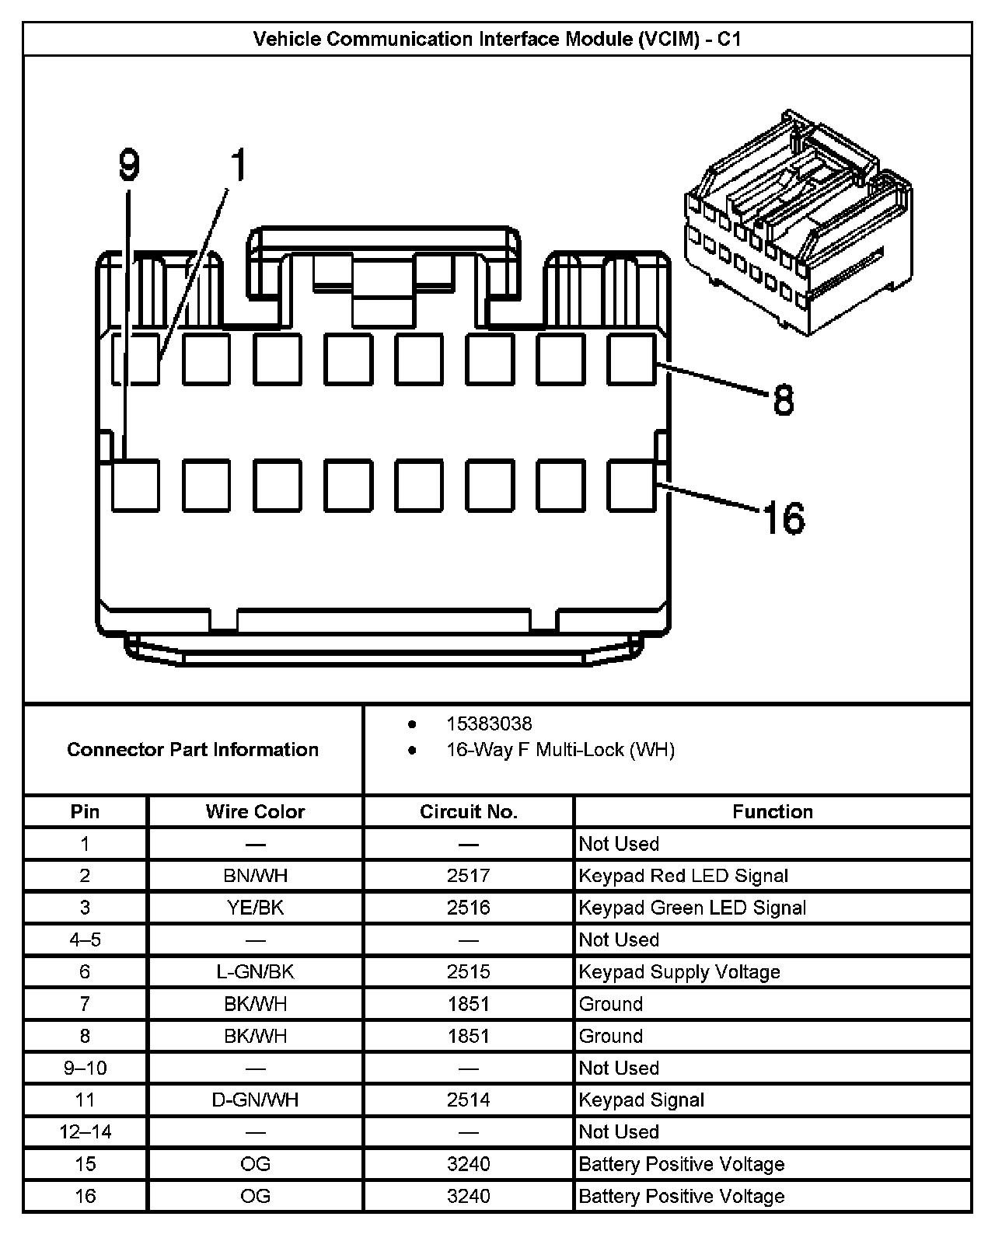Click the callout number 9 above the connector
[129, 166]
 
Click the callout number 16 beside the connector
[784, 518]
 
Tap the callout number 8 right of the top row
[783, 401]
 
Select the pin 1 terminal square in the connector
[135, 359]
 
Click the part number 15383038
[489, 724]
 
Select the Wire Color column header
[255, 812]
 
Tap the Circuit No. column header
[469, 812]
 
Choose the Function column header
[773, 812]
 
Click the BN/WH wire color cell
[255, 876]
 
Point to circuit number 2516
[469, 908]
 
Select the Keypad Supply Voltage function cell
[679, 972]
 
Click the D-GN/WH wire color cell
[255, 1100]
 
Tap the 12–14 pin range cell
[86, 1131]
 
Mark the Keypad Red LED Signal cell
[683, 876]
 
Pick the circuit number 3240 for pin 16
[469, 1196]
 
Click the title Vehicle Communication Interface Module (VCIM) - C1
[497, 39]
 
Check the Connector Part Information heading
[193, 750]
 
